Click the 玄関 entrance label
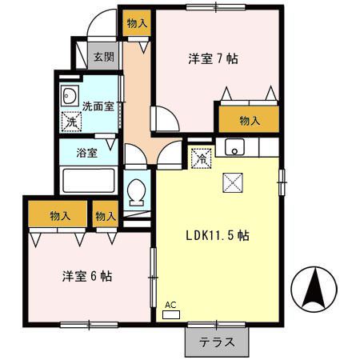102,57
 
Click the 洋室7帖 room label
214,58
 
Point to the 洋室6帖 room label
87,276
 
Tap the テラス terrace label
217,342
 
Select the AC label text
170,305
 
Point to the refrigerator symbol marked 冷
202,157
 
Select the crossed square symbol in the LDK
232,183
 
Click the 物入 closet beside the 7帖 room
249,121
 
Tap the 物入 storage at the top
137,24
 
